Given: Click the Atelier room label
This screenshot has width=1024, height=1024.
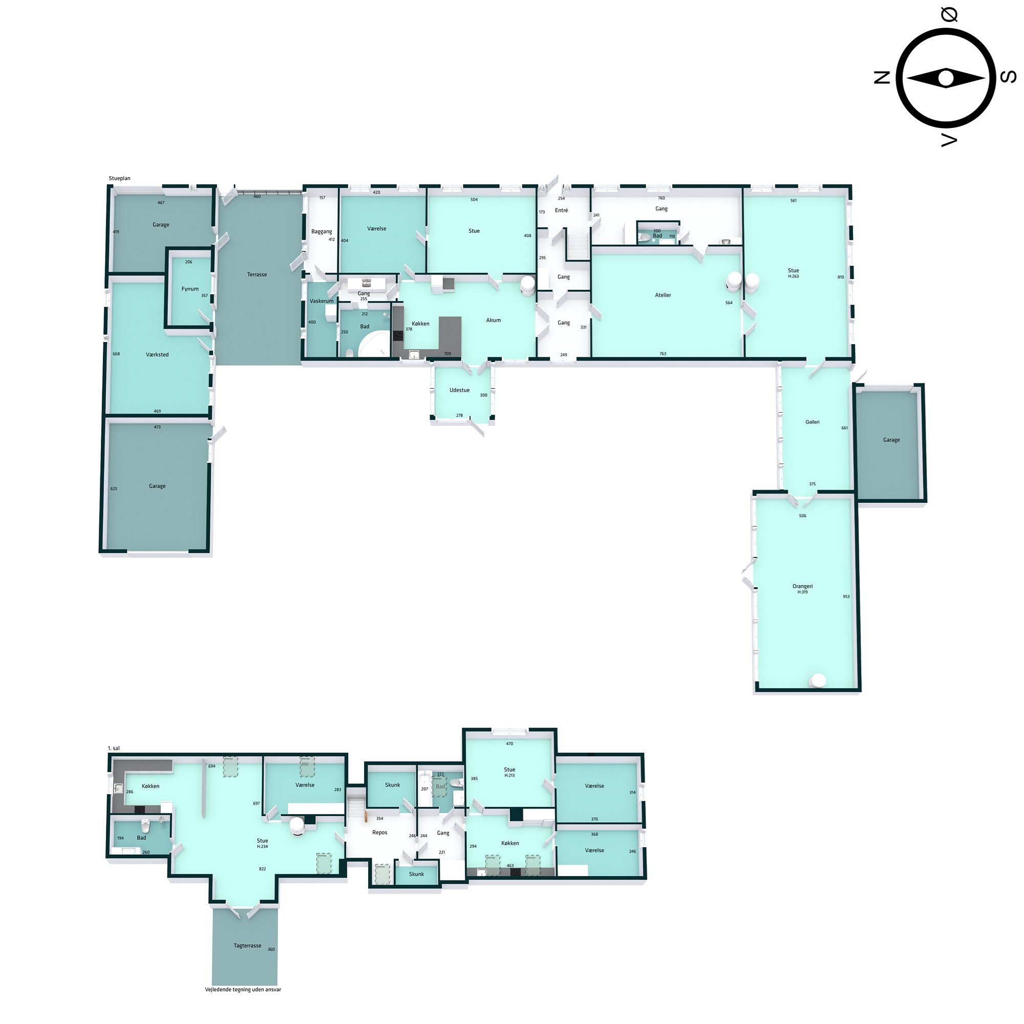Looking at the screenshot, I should point(663,295).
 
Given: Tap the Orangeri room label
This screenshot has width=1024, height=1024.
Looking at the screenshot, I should point(802,586).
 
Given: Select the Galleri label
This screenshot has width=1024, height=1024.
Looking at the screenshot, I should point(812,422).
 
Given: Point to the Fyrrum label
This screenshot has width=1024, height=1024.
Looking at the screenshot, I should point(190,289).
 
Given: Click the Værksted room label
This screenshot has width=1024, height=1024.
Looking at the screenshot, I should point(157,355).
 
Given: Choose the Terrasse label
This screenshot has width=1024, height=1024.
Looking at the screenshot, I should point(257,274).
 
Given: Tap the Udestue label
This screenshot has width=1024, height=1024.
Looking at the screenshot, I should point(459,390).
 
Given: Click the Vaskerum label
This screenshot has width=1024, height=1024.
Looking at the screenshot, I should point(321,301).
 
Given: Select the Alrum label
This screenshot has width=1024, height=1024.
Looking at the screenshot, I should point(493,320).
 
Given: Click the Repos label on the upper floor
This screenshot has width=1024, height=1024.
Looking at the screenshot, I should point(379,833).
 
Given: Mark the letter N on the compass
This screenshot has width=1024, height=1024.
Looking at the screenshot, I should point(882,78).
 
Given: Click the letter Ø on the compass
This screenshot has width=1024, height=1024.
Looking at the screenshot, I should point(949,15).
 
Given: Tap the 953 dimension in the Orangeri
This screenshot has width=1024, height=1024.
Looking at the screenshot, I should point(846,597).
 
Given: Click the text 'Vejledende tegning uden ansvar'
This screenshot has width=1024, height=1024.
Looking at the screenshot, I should point(243,990).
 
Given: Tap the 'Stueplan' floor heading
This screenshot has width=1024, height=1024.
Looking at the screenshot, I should point(119,179).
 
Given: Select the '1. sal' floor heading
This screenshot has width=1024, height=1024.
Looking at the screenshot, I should point(114,749).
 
